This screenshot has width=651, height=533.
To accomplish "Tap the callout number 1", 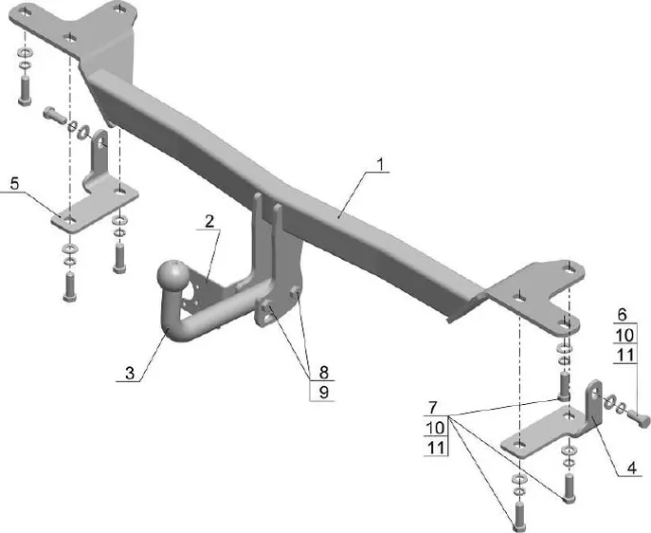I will (379, 164).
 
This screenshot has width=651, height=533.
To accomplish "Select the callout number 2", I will (208, 220).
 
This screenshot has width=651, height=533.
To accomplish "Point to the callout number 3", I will (130, 372).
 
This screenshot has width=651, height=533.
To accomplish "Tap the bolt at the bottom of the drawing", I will (516, 516).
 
